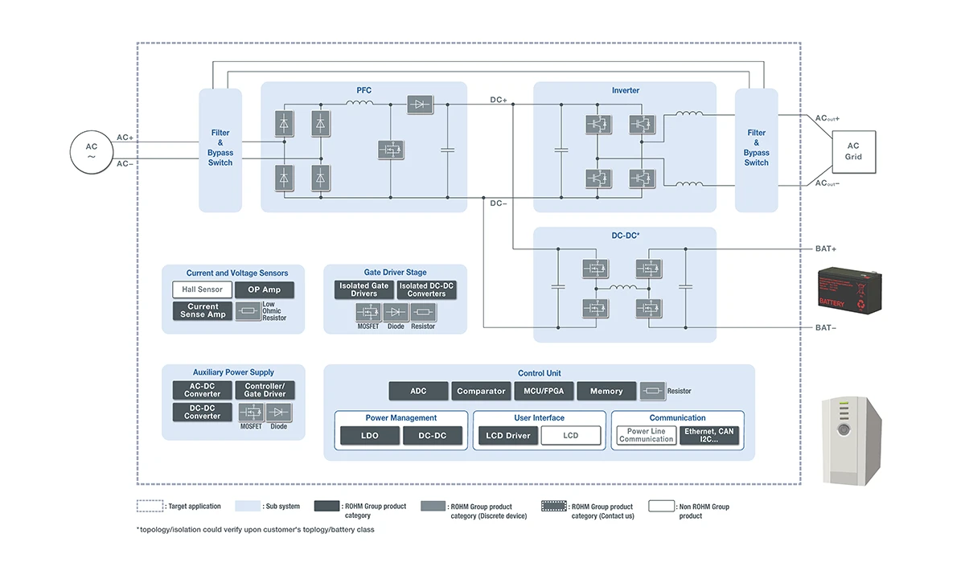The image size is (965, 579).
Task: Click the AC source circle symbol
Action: pos(91,151)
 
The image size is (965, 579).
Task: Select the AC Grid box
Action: pos(853,151)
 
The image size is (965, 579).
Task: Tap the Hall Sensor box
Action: pos(202,289)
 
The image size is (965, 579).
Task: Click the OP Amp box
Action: pos(265,289)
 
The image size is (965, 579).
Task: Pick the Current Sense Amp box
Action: pos(202,310)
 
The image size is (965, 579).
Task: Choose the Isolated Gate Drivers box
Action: pos(363,289)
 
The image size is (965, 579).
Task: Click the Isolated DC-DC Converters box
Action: pos(426,289)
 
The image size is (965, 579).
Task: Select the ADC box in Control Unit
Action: pos(418,391)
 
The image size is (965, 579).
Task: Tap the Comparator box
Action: pos(481,391)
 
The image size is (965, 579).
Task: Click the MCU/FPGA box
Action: pos(543,391)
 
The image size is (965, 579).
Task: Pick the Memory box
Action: pos(606,391)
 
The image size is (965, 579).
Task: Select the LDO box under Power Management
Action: pos(369,436)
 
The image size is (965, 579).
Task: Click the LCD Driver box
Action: pos(508,436)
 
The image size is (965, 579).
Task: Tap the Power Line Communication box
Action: pos(646,436)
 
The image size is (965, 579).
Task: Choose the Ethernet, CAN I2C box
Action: pos(708,436)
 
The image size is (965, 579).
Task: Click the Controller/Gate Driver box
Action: pos(265,390)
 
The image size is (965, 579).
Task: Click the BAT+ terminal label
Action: pos(827,249)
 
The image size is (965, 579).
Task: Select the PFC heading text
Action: pos(363,90)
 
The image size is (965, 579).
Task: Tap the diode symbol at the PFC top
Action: pos(420,104)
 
